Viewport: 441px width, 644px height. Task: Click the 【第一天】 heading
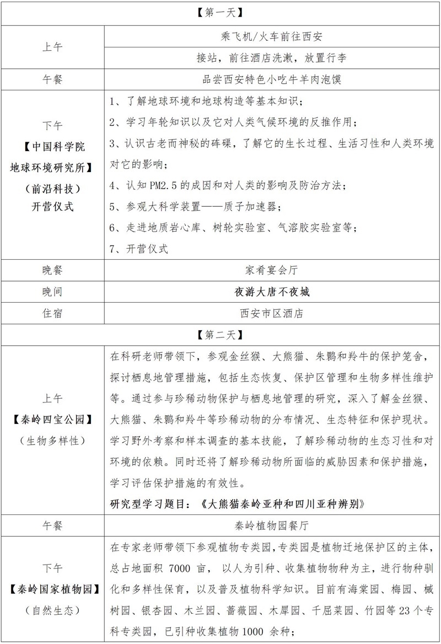[x=220, y=12]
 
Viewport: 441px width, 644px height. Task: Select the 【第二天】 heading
[x=220, y=334]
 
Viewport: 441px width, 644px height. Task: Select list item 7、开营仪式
[x=138, y=249]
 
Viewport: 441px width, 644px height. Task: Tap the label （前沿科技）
[x=53, y=188]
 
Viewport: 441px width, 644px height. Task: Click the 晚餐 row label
[x=53, y=270]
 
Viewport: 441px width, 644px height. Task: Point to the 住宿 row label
[x=53, y=313]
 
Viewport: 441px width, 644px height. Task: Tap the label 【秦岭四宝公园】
[x=53, y=421]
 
